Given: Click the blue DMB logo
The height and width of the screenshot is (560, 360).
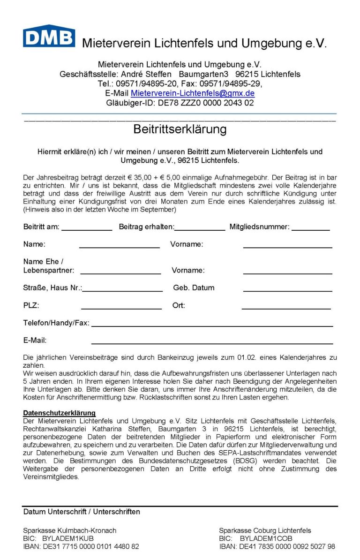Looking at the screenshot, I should (x=49, y=36).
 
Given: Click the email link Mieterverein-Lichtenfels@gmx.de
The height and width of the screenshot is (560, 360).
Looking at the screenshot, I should (x=193, y=93).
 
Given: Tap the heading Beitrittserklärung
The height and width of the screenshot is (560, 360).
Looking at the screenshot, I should (x=180, y=129).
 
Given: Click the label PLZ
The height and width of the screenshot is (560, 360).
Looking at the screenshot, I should (x=31, y=305).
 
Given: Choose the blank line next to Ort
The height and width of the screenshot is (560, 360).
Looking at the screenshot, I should (x=286, y=308).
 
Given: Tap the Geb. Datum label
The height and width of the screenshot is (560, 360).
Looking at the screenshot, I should (x=194, y=288).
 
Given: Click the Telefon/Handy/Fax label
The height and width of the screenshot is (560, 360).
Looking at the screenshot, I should (x=56, y=323).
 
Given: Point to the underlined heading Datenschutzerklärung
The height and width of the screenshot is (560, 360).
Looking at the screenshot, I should (x=59, y=413).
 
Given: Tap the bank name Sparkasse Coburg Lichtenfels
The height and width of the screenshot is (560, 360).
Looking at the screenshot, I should (x=265, y=530).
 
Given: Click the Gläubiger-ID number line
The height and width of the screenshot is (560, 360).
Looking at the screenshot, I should (x=180, y=103).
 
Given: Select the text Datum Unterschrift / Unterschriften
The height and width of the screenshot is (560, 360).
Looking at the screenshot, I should (x=82, y=512).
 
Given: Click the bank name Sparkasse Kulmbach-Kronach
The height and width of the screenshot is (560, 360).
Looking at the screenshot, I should (x=69, y=530).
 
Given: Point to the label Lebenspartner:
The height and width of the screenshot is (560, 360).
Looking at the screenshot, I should (x=49, y=271).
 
